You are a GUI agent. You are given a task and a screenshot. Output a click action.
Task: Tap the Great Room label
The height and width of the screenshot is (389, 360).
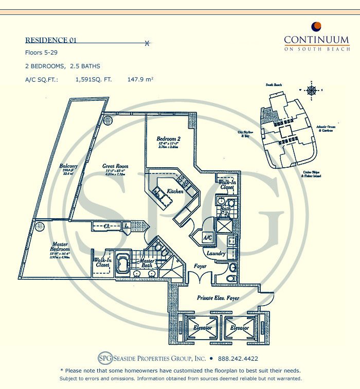(115, 167)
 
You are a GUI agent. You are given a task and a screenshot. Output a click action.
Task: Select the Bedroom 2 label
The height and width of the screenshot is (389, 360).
(168, 139)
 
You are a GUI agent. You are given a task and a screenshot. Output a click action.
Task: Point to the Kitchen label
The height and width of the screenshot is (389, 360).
(176, 191)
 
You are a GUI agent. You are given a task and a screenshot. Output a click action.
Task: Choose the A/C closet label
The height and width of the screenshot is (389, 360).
(208, 238)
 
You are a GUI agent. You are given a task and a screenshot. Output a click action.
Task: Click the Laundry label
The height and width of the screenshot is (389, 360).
(216, 254)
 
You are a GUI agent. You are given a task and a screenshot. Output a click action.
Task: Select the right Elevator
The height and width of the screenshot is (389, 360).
(239, 328)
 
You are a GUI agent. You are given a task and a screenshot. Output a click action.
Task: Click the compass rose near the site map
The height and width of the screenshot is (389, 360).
(312, 91)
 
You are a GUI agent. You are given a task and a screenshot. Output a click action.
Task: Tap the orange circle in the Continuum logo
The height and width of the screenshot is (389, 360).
(317, 26)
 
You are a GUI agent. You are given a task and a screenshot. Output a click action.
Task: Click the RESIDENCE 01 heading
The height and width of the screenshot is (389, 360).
(51, 41)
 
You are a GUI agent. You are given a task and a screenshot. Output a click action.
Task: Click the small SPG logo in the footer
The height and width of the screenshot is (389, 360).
(104, 359)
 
